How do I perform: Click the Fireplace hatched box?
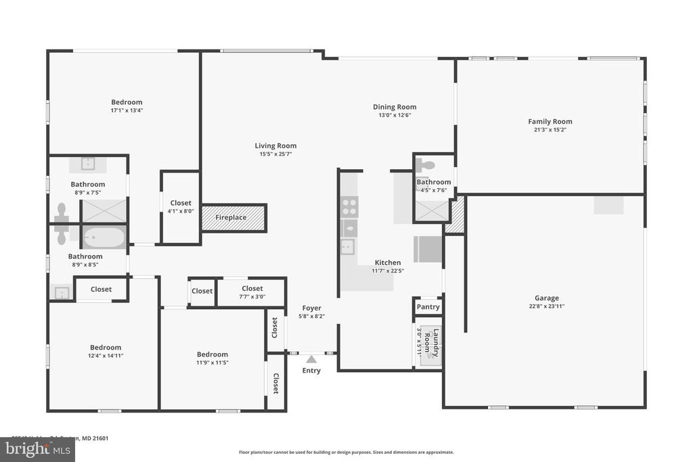(x=233, y=218)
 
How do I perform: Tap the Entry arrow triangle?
(x=311, y=359)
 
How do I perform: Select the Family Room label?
(x=550, y=122)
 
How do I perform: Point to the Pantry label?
(x=428, y=307)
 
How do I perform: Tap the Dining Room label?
(x=395, y=107)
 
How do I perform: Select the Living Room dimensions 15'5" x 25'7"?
(x=275, y=154)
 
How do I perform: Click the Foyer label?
(x=311, y=308)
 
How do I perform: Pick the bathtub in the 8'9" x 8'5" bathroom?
(x=104, y=237)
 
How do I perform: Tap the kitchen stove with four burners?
(x=349, y=206)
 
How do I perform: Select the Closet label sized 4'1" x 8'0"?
(x=181, y=203)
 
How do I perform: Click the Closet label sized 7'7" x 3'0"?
(x=252, y=289)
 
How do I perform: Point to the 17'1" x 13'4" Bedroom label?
(x=127, y=102)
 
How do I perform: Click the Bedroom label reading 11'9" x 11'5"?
(x=212, y=354)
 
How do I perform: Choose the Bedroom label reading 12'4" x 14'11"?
(x=106, y=348)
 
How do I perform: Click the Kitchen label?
(x=388, y=262)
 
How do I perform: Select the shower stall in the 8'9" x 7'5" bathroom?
(x=104, y=210)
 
